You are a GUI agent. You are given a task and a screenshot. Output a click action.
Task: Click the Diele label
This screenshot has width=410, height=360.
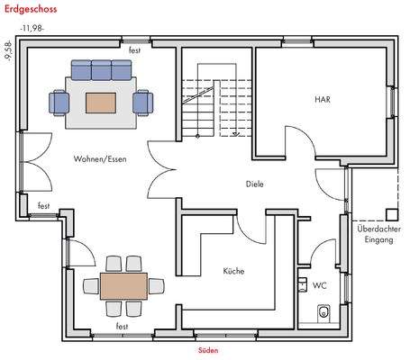click(x=255, y=184)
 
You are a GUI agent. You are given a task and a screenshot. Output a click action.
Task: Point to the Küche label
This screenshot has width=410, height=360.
click(x=234, y=270)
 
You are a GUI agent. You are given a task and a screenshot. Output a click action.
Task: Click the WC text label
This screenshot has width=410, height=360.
click(x=319, y=285)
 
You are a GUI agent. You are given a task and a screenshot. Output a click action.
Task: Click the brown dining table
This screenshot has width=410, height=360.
click(x=123, y=287)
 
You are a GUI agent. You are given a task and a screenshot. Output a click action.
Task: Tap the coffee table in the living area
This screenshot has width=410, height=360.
click(x=100, y=102)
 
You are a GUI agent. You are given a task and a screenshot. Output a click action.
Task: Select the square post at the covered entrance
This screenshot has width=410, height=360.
click(x=390, y=214)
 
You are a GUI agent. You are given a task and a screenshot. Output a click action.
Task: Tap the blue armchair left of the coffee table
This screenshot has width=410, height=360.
click(x=61, y=102)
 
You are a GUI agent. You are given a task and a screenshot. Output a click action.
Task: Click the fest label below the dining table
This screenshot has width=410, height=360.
click(x=122, y=326)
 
